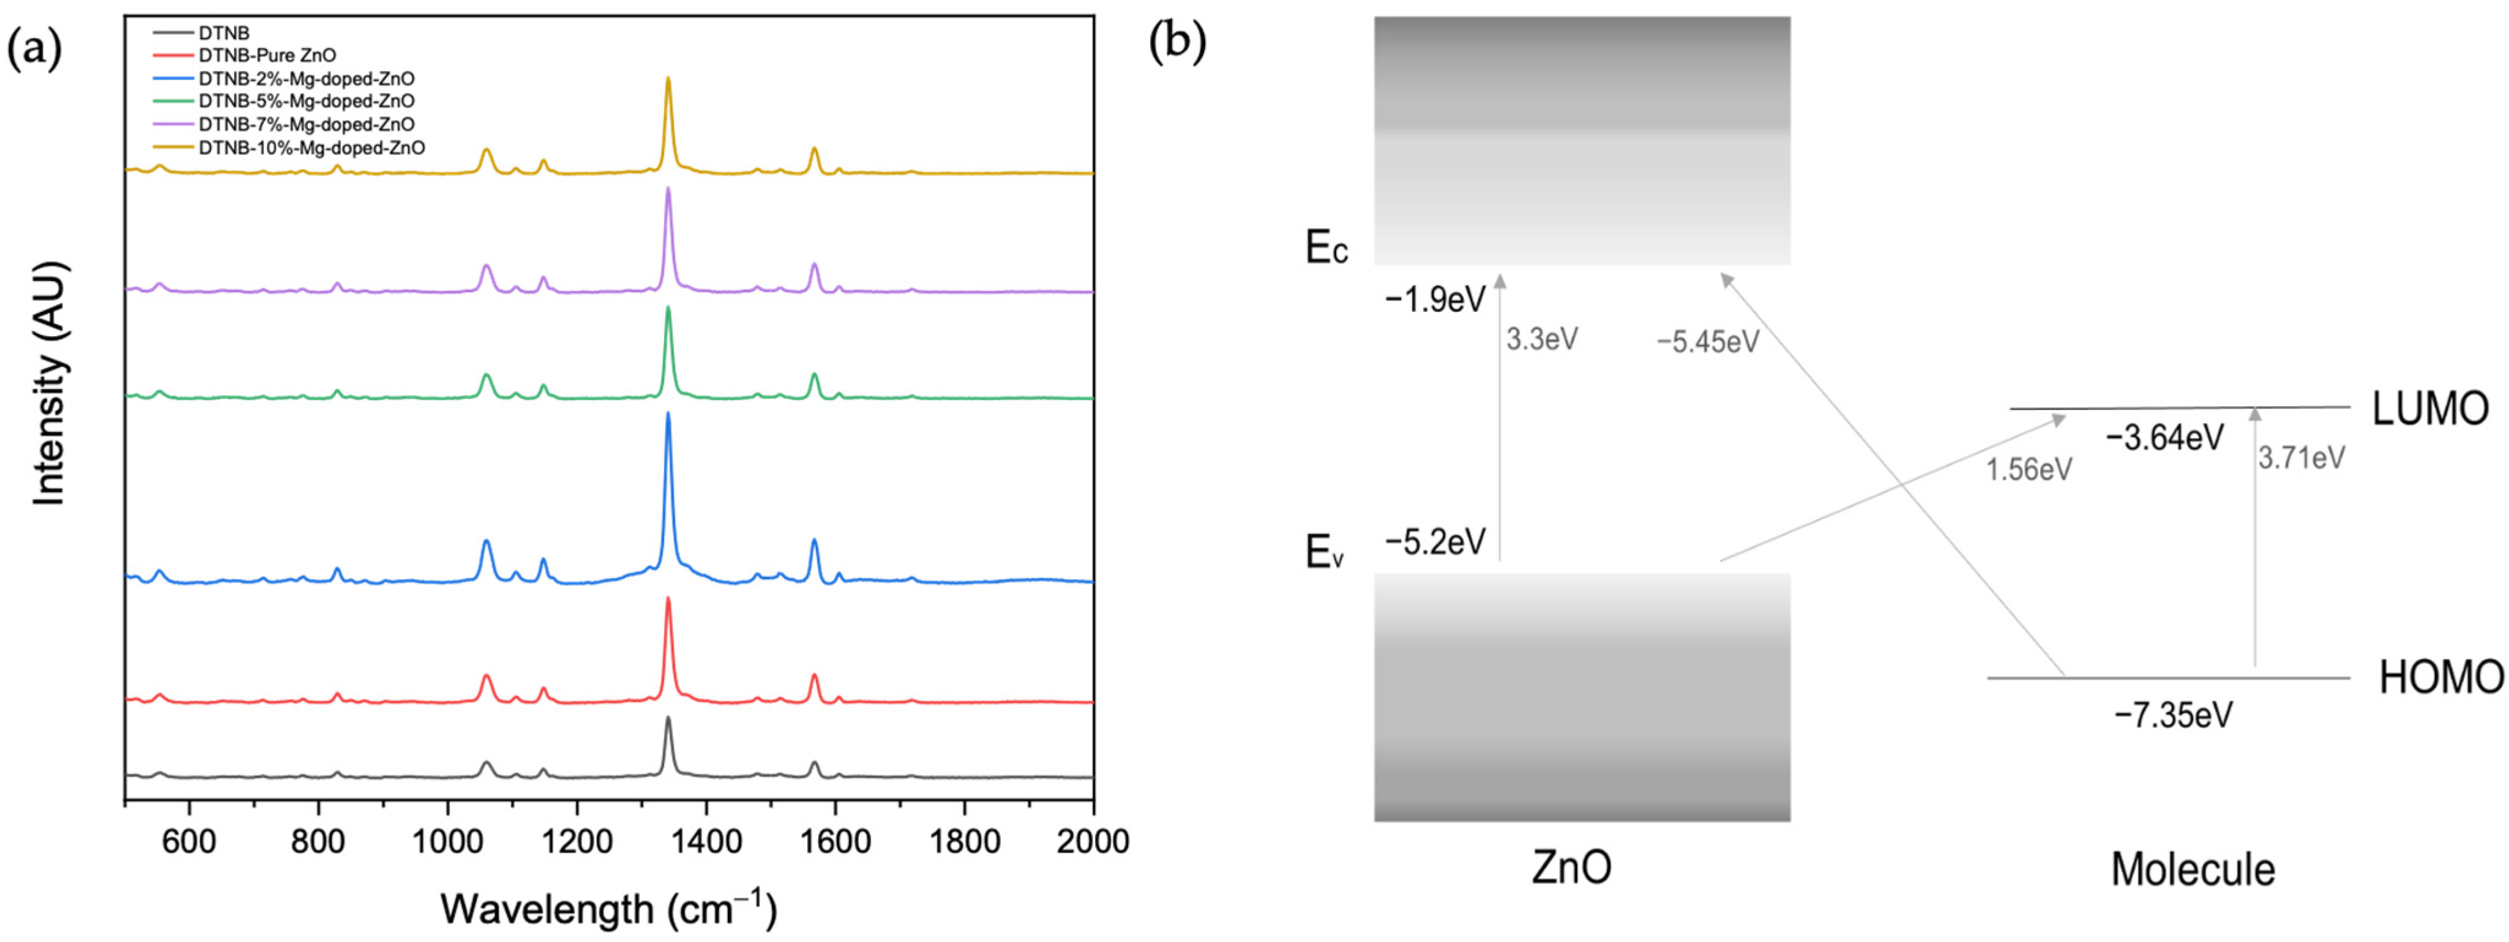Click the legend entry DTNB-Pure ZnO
point(267,56)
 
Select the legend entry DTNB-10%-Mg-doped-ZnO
point(311,148)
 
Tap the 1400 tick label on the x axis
point(706,841)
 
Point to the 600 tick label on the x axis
point(189,841)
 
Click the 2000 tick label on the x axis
point(1092,841)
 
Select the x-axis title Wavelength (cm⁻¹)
point(609,909)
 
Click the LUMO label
point(2429,409)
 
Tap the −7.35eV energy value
point(2173,716)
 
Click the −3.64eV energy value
point(2164,439)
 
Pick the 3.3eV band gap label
point(1542,340)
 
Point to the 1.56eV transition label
point(2029,470)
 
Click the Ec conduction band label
point(1326,249)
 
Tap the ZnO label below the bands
point(1571,866)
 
